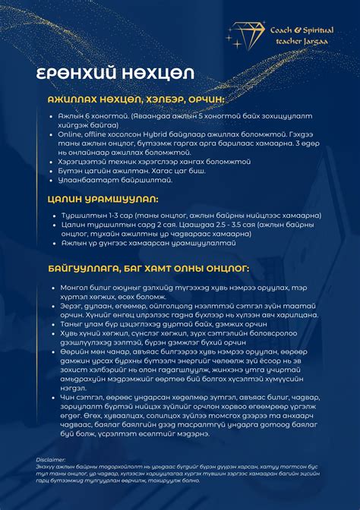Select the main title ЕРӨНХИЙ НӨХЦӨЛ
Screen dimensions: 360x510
pos(115,74)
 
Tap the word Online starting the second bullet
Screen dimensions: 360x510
pos(70,133)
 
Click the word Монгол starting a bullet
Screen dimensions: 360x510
pos(73,288)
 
